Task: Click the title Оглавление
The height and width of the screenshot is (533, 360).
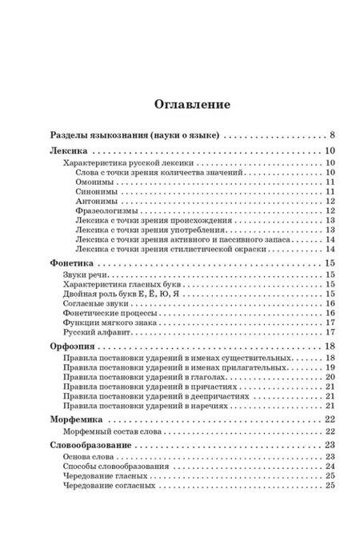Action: (179, 104)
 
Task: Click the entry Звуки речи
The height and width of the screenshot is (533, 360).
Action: (85, 275)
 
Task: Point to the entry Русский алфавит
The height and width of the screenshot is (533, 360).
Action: (97, 331)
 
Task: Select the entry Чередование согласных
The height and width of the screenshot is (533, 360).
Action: (110, 487)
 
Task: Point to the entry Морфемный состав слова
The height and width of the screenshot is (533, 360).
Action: (111, 431)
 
